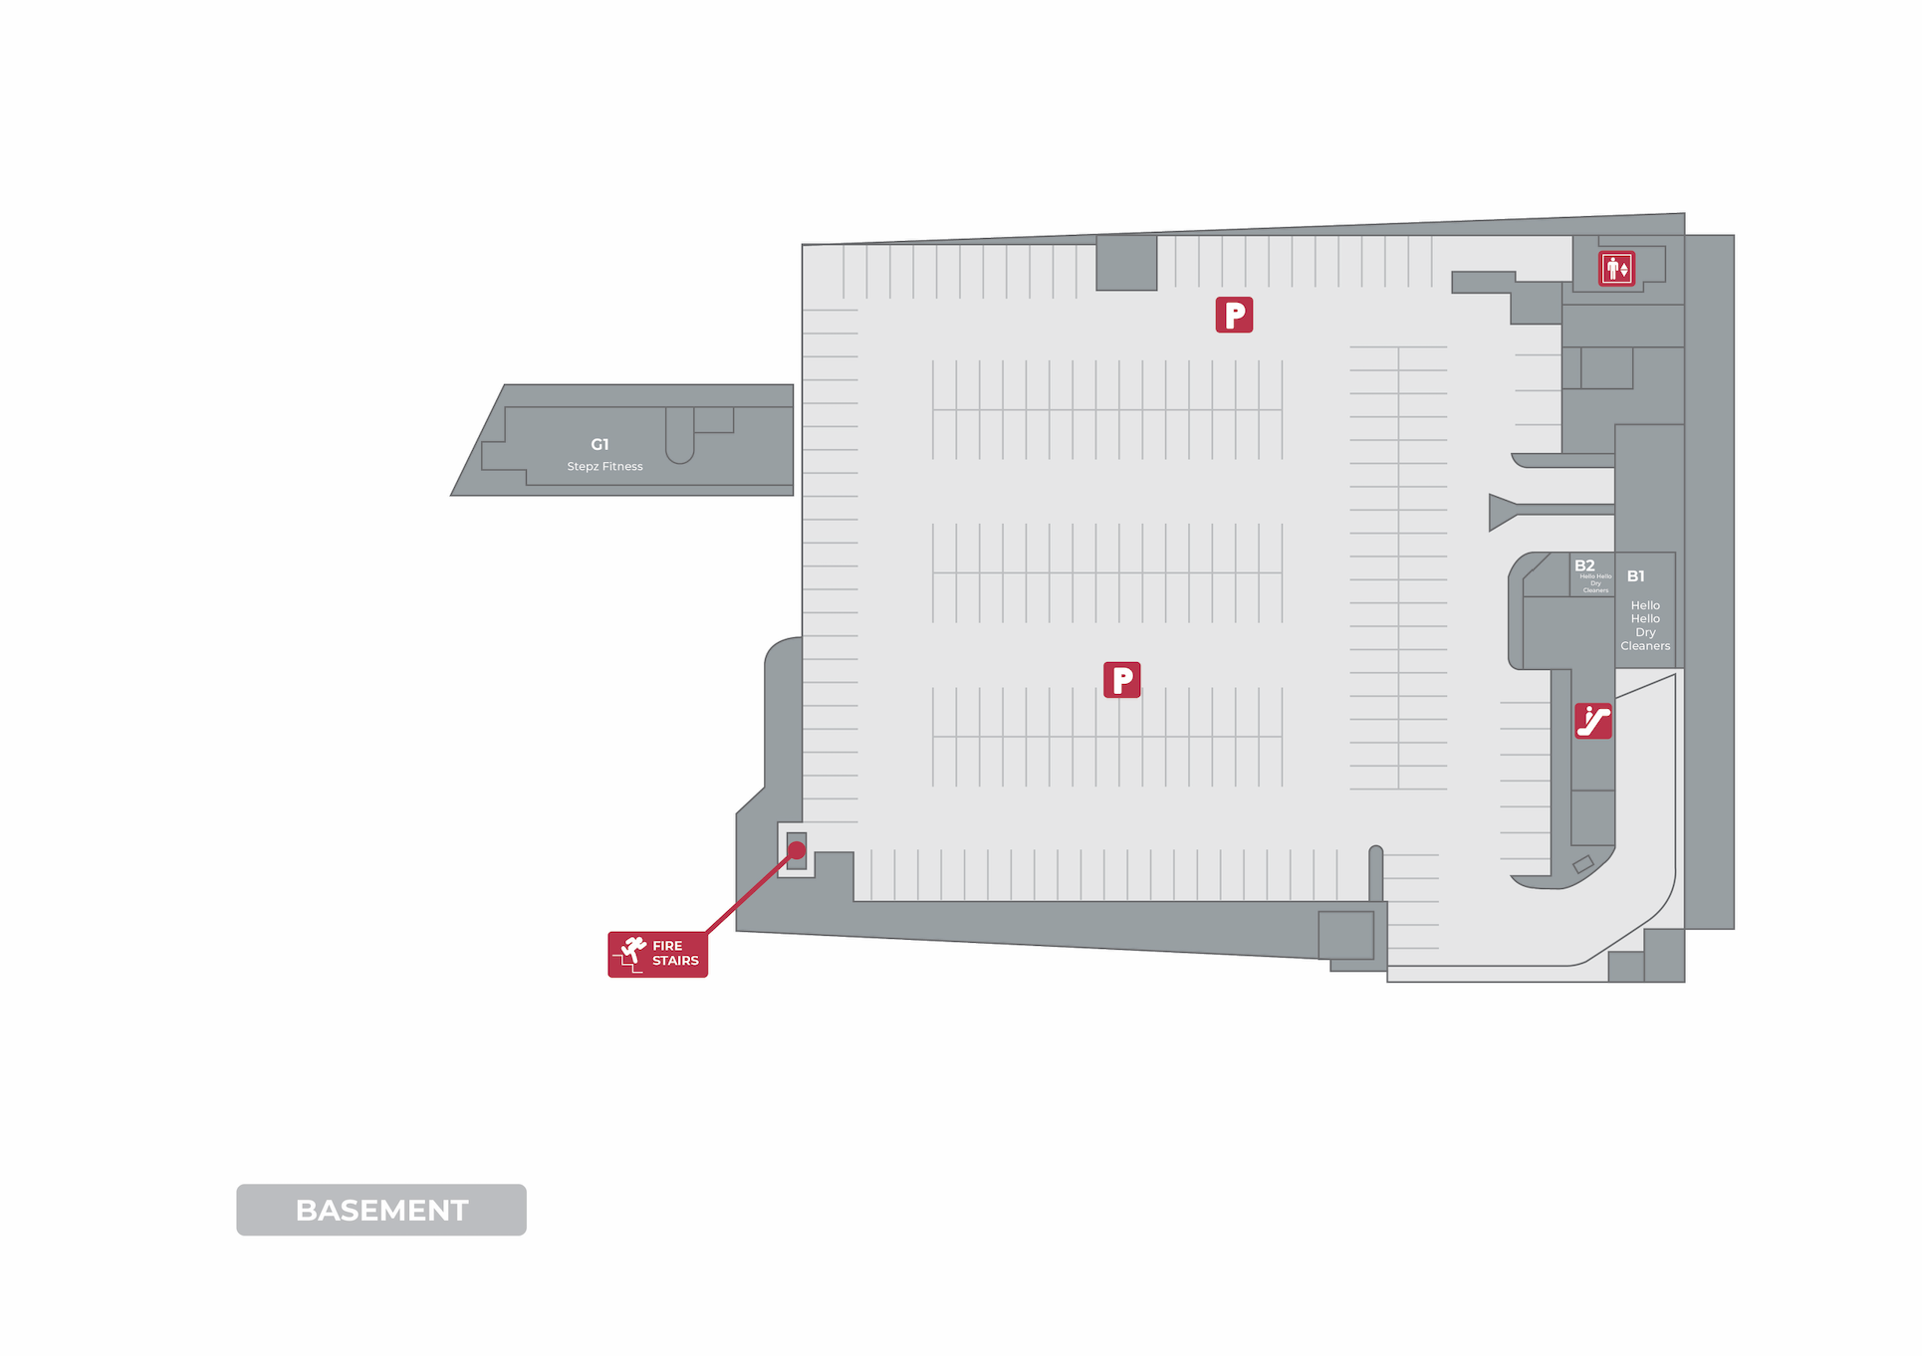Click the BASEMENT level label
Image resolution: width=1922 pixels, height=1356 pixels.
[381, 1210]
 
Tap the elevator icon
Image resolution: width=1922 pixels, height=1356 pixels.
[1616, 269]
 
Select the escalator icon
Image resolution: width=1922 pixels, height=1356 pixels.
[1592, 721]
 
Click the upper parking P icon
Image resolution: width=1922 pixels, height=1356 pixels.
[1234, 315]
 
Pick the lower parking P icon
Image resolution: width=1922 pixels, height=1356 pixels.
[1121, 680]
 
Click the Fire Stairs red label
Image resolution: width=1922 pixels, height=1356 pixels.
[657, 954]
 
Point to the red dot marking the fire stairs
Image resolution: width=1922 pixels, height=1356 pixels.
[797, 850]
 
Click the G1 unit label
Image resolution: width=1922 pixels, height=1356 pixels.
[600, 444]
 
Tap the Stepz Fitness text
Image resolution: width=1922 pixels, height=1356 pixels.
[604, 466]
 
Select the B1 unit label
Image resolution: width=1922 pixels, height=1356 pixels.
[1635, 576]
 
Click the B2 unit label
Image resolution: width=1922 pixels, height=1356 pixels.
[1584, 565]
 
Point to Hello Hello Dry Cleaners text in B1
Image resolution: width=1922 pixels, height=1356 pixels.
[1645, 625]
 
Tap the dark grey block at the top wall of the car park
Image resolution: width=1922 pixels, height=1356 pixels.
[1126, 263]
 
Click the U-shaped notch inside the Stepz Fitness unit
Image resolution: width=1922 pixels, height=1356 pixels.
[679, 438]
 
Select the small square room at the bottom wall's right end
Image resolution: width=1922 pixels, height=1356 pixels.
[1345, 935]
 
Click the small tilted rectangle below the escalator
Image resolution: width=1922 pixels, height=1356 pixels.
[1583, 864]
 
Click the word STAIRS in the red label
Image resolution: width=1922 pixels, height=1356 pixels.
[675, 961]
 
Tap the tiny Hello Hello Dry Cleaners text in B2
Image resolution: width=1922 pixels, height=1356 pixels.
[1595, 583]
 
